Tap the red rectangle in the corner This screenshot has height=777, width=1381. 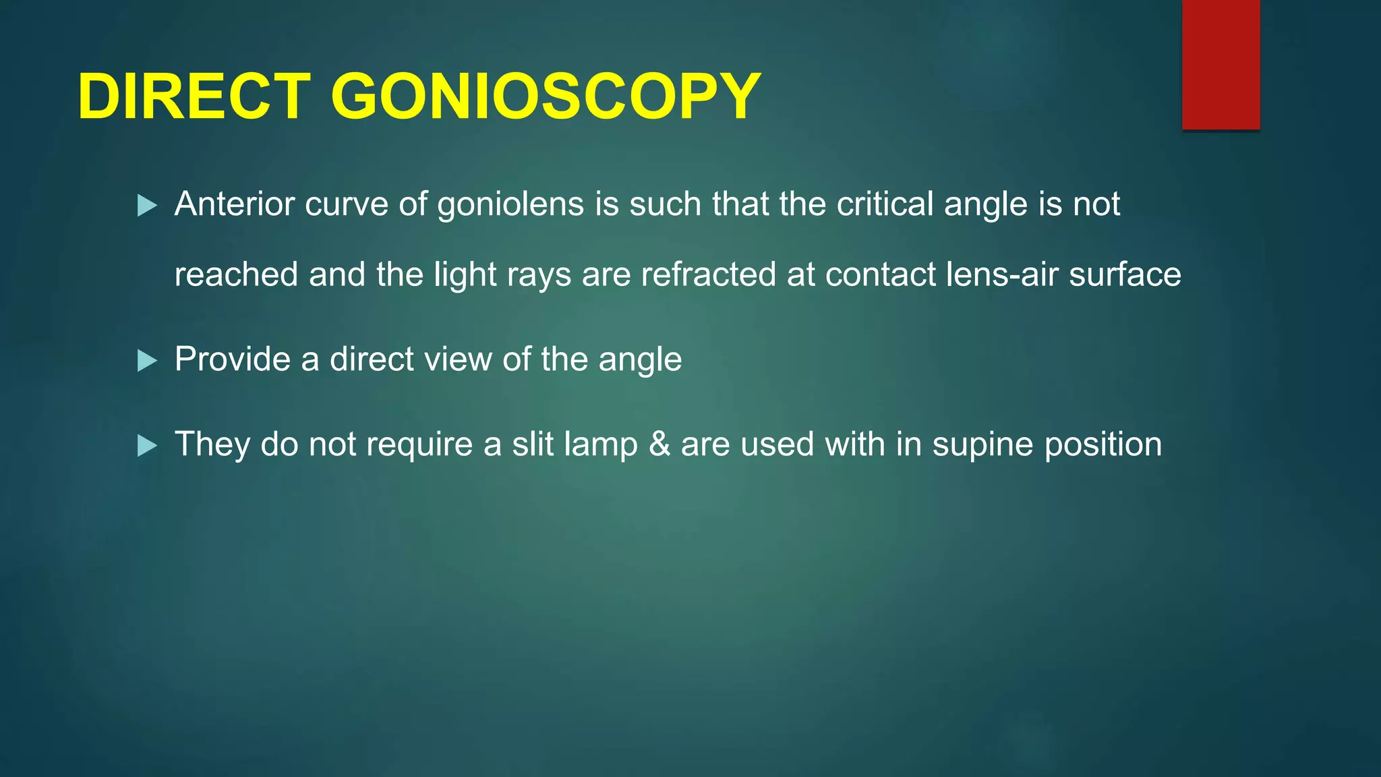1221,64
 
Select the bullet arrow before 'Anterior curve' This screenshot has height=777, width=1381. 147,205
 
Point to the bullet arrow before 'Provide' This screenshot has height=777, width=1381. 147,360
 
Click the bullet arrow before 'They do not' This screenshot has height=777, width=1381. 147,445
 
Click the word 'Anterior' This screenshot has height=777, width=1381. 235,204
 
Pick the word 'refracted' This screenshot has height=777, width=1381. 708,275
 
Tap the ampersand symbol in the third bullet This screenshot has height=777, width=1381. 659,444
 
